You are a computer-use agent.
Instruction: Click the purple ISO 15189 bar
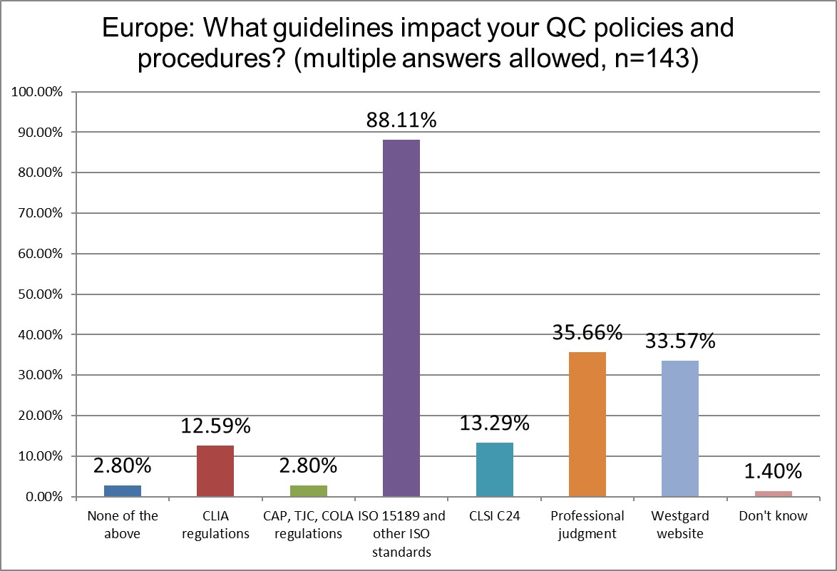point(401,318)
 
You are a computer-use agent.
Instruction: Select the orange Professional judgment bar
point(587,424)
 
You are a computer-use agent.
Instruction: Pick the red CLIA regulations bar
point(215,470)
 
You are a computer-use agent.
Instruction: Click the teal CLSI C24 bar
point(494,469)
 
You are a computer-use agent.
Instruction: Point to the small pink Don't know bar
point(773,493)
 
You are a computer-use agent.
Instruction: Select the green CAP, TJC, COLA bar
point(308,490)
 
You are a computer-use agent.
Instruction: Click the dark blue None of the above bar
point(123,490)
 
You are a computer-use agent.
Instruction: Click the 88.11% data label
point(401,121)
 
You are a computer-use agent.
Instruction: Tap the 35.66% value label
point(587,333)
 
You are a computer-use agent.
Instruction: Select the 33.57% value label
point(679,342)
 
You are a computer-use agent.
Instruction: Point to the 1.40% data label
point(773,471)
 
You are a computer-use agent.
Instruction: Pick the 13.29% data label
point(494,423)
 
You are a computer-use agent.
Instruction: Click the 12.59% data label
point(215,426)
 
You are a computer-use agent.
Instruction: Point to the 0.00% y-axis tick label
point(41,496)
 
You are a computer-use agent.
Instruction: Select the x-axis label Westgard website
point(679,525)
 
